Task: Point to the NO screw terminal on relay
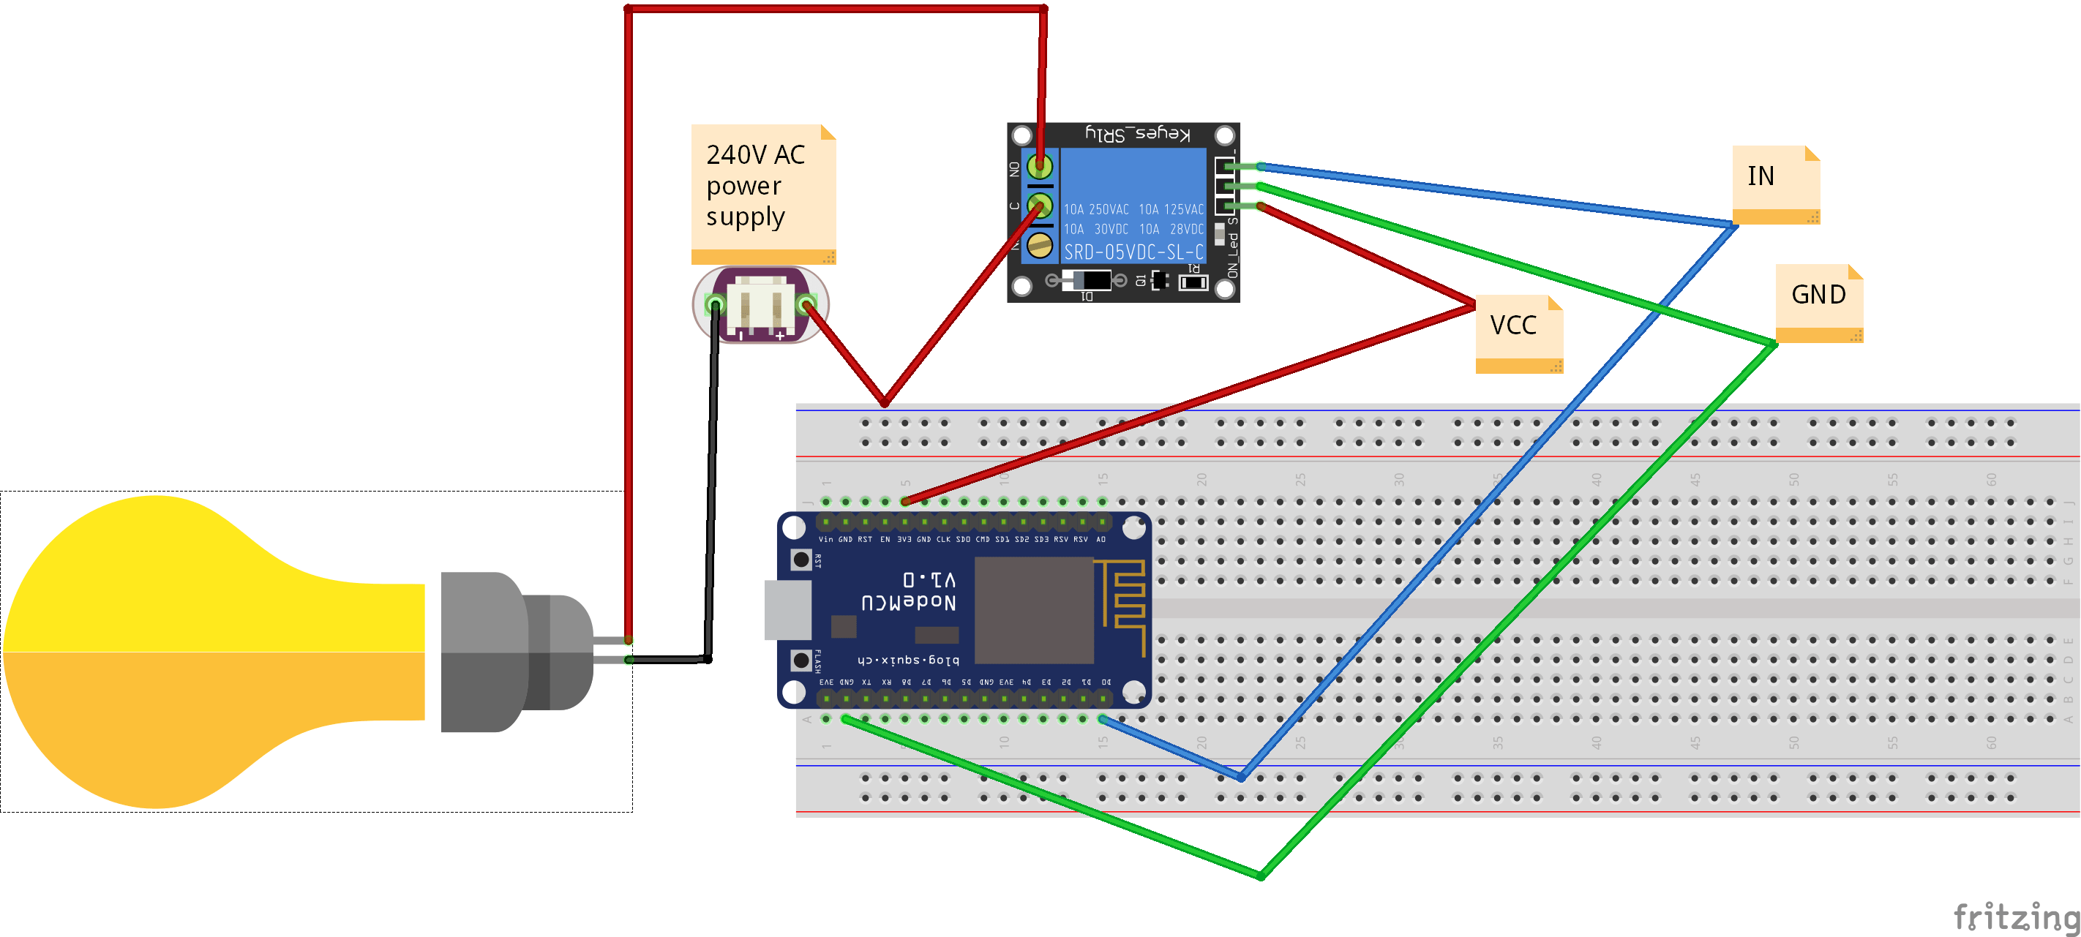(x=1040, y=166)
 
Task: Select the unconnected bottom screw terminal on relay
(x=1040, y=245)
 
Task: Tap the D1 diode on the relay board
(x=1087, y=281)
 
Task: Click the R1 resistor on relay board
(x=1193, y=282)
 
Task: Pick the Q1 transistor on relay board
(x=1159, y=280)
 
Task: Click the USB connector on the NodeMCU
(x=787, y=609)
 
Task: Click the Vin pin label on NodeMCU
(x=825, y=539)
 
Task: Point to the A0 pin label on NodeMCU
(x=1101, y=539)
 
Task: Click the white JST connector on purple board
(x=760, y=308)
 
